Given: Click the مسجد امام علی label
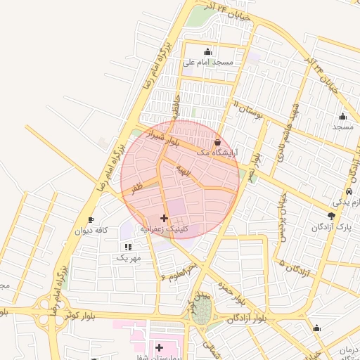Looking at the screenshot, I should (207, 62).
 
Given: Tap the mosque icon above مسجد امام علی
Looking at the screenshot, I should (207, 51).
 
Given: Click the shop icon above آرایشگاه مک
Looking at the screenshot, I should (216, 142).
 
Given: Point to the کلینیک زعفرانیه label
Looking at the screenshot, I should (165, 229).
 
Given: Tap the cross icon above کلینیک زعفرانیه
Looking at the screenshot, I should (165, 219).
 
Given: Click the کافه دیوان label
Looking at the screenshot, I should (91, 230).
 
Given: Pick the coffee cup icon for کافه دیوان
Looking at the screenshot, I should (91, 220).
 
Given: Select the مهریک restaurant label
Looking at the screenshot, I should (129, 257).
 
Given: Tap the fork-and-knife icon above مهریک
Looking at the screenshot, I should (127, 247).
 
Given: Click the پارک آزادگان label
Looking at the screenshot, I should (330, 226).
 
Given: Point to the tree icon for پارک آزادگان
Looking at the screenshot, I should (332, 216).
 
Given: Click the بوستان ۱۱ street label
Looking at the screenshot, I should (247, 110).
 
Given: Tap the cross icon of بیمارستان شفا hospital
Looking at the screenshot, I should (159, 347).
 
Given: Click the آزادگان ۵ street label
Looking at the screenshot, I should (295, 267).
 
